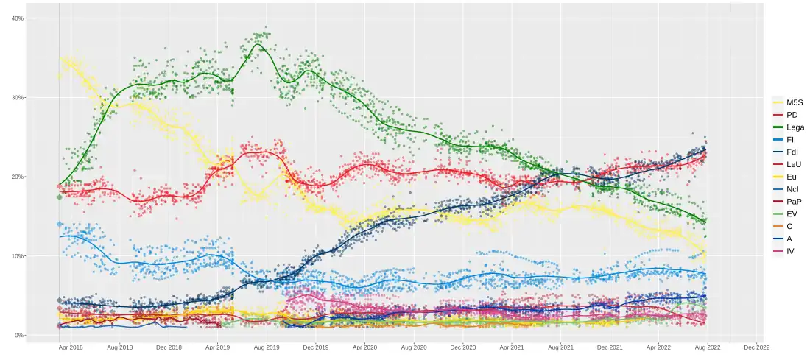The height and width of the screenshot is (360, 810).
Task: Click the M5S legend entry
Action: (x=794, y=102)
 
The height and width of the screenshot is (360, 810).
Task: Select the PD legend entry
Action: (x=792, y=115)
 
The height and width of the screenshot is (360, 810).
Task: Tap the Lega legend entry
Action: (x=795, y=127)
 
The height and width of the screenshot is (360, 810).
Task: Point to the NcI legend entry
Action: (x=792, y=189)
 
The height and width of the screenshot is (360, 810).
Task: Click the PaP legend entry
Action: (x=793, y=202)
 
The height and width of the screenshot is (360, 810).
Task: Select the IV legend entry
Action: (x=790, y=251)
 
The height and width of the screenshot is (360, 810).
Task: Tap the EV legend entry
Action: (x=792, y=214)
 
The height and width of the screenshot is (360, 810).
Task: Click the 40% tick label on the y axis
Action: (x=17, y=18)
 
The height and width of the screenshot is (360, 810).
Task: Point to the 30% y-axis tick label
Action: (x=17, y=97)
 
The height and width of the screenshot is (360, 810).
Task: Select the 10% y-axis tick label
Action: (x=17, y=256)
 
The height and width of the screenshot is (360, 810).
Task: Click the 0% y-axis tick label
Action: (x=19, y=336)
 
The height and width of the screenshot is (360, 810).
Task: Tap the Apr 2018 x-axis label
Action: (x=71, y=346)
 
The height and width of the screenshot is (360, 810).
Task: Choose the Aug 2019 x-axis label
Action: (x=267, y=346)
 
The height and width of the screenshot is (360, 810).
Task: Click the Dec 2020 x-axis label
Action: (x=462, y=346)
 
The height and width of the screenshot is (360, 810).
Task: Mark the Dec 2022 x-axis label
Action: (x=756, y=346)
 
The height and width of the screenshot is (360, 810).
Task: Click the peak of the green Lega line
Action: (x=256, y=45)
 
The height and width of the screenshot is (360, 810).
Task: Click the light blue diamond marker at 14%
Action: (x=60, y=224)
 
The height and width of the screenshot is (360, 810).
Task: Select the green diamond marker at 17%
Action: (x=60, y=197)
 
